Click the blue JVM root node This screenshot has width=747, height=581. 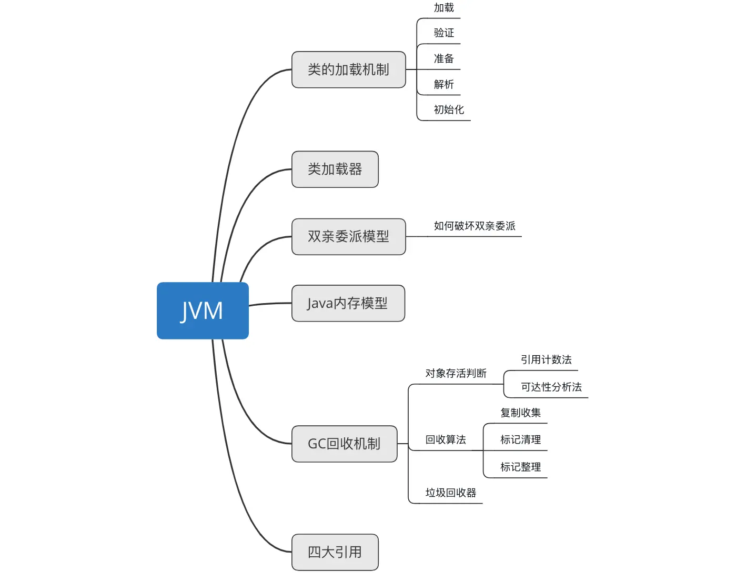click(203, 310)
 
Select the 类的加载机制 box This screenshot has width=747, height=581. click(349, 69)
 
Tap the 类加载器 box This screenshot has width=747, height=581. click(335, 169)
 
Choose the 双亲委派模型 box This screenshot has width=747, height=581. click(349, 236)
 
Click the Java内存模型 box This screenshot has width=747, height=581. click(348, 303)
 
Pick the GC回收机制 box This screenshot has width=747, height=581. click(345, 444)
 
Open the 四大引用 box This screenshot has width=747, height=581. click(335, 552)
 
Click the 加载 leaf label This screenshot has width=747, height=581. click(444, 7)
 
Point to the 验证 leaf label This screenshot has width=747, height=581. click(444, 33)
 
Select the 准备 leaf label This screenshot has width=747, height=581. click(444, 58)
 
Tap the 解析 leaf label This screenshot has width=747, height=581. click(444, 84)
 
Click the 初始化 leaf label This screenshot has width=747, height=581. click(449, 109)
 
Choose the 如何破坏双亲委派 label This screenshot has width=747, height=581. click(475, 226)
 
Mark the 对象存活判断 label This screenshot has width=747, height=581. click(456, 373)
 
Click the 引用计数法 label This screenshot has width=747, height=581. click(546, 359)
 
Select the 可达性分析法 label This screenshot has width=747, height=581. click(551, 387)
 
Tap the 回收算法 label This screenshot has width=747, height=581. click(446, 440)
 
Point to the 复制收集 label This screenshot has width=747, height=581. click(520, 413)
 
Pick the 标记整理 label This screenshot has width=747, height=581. click(520, 467)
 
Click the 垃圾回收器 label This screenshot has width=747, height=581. click(451, 493)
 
